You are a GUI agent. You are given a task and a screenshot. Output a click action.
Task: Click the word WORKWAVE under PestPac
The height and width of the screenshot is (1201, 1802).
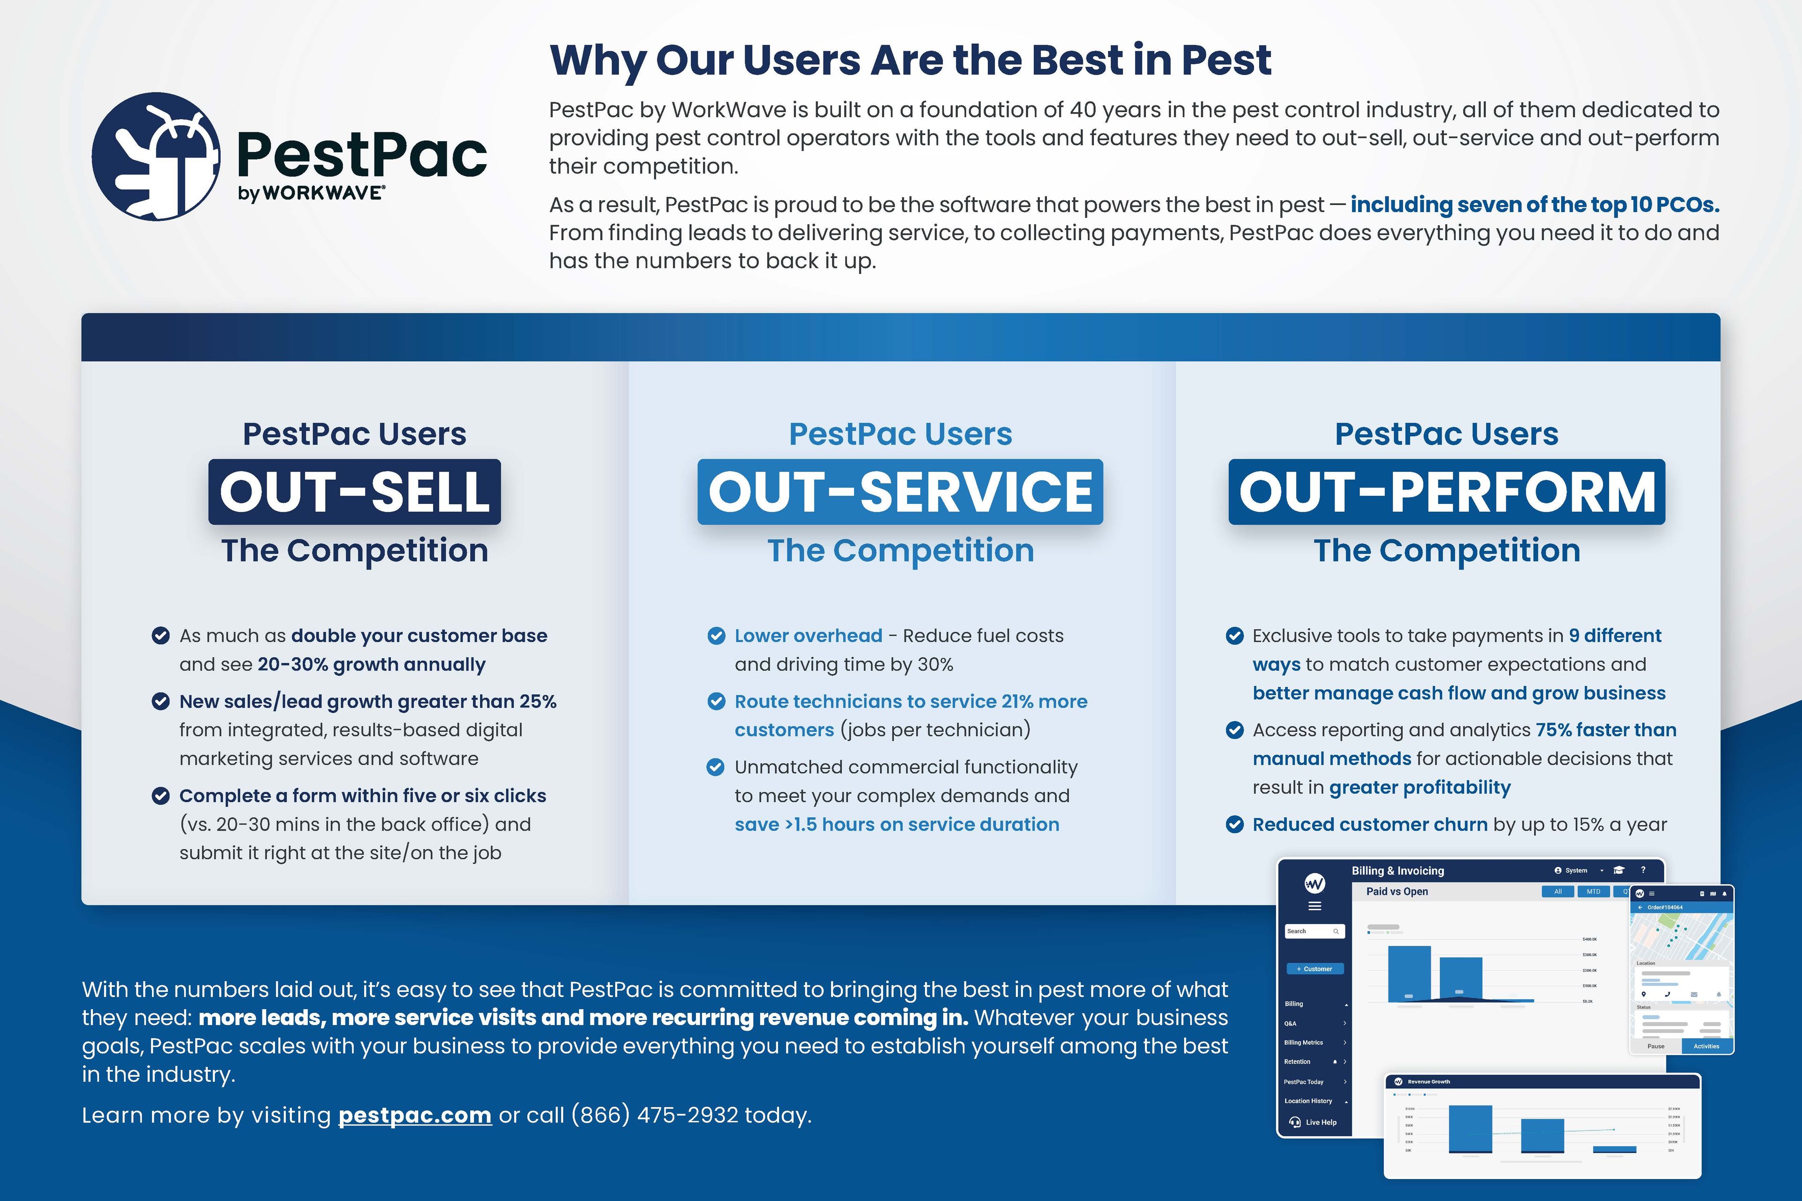[322, 193]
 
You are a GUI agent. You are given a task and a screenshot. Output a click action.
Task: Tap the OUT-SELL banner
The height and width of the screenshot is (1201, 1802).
[354, 492]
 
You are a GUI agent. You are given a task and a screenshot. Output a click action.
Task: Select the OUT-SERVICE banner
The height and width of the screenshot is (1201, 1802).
[900, 492]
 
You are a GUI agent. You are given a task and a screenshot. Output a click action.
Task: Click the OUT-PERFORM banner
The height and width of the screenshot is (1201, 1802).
[1446, 492]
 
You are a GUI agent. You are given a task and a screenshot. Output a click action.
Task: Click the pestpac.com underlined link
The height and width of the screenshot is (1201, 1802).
[414, 1115]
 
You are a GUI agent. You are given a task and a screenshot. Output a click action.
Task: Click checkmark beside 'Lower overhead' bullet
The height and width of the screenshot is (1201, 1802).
[716, 636]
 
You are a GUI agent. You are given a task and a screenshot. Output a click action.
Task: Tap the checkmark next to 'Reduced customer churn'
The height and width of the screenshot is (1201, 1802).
[1234, 825]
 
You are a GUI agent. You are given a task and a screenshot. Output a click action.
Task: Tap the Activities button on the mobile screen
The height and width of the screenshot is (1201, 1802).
[1706, 1046]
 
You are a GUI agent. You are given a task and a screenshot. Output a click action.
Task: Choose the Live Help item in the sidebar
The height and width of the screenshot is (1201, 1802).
[1319, 1122]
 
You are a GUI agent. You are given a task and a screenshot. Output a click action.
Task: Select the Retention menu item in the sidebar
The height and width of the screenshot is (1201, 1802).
[1298, 1062]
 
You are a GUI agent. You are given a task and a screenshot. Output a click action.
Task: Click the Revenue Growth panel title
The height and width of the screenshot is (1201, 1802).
[1428, 1081]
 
